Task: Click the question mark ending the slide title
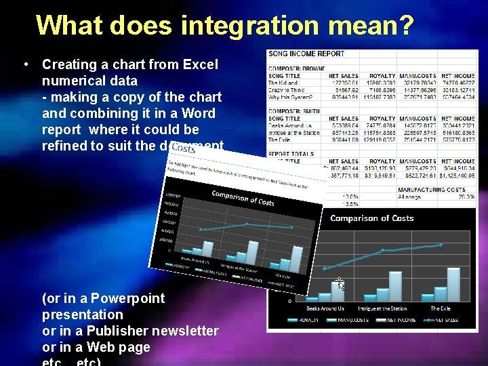click(x=405, y=25)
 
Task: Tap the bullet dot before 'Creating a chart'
click(x=24, y=65)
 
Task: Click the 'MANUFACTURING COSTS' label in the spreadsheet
click(x=432, y=190)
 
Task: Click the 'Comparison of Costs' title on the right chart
click(x=371, y=218)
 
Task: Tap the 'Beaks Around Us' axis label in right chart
click(x=323, y=308)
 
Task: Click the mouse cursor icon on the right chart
click(x=340, y=284)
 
